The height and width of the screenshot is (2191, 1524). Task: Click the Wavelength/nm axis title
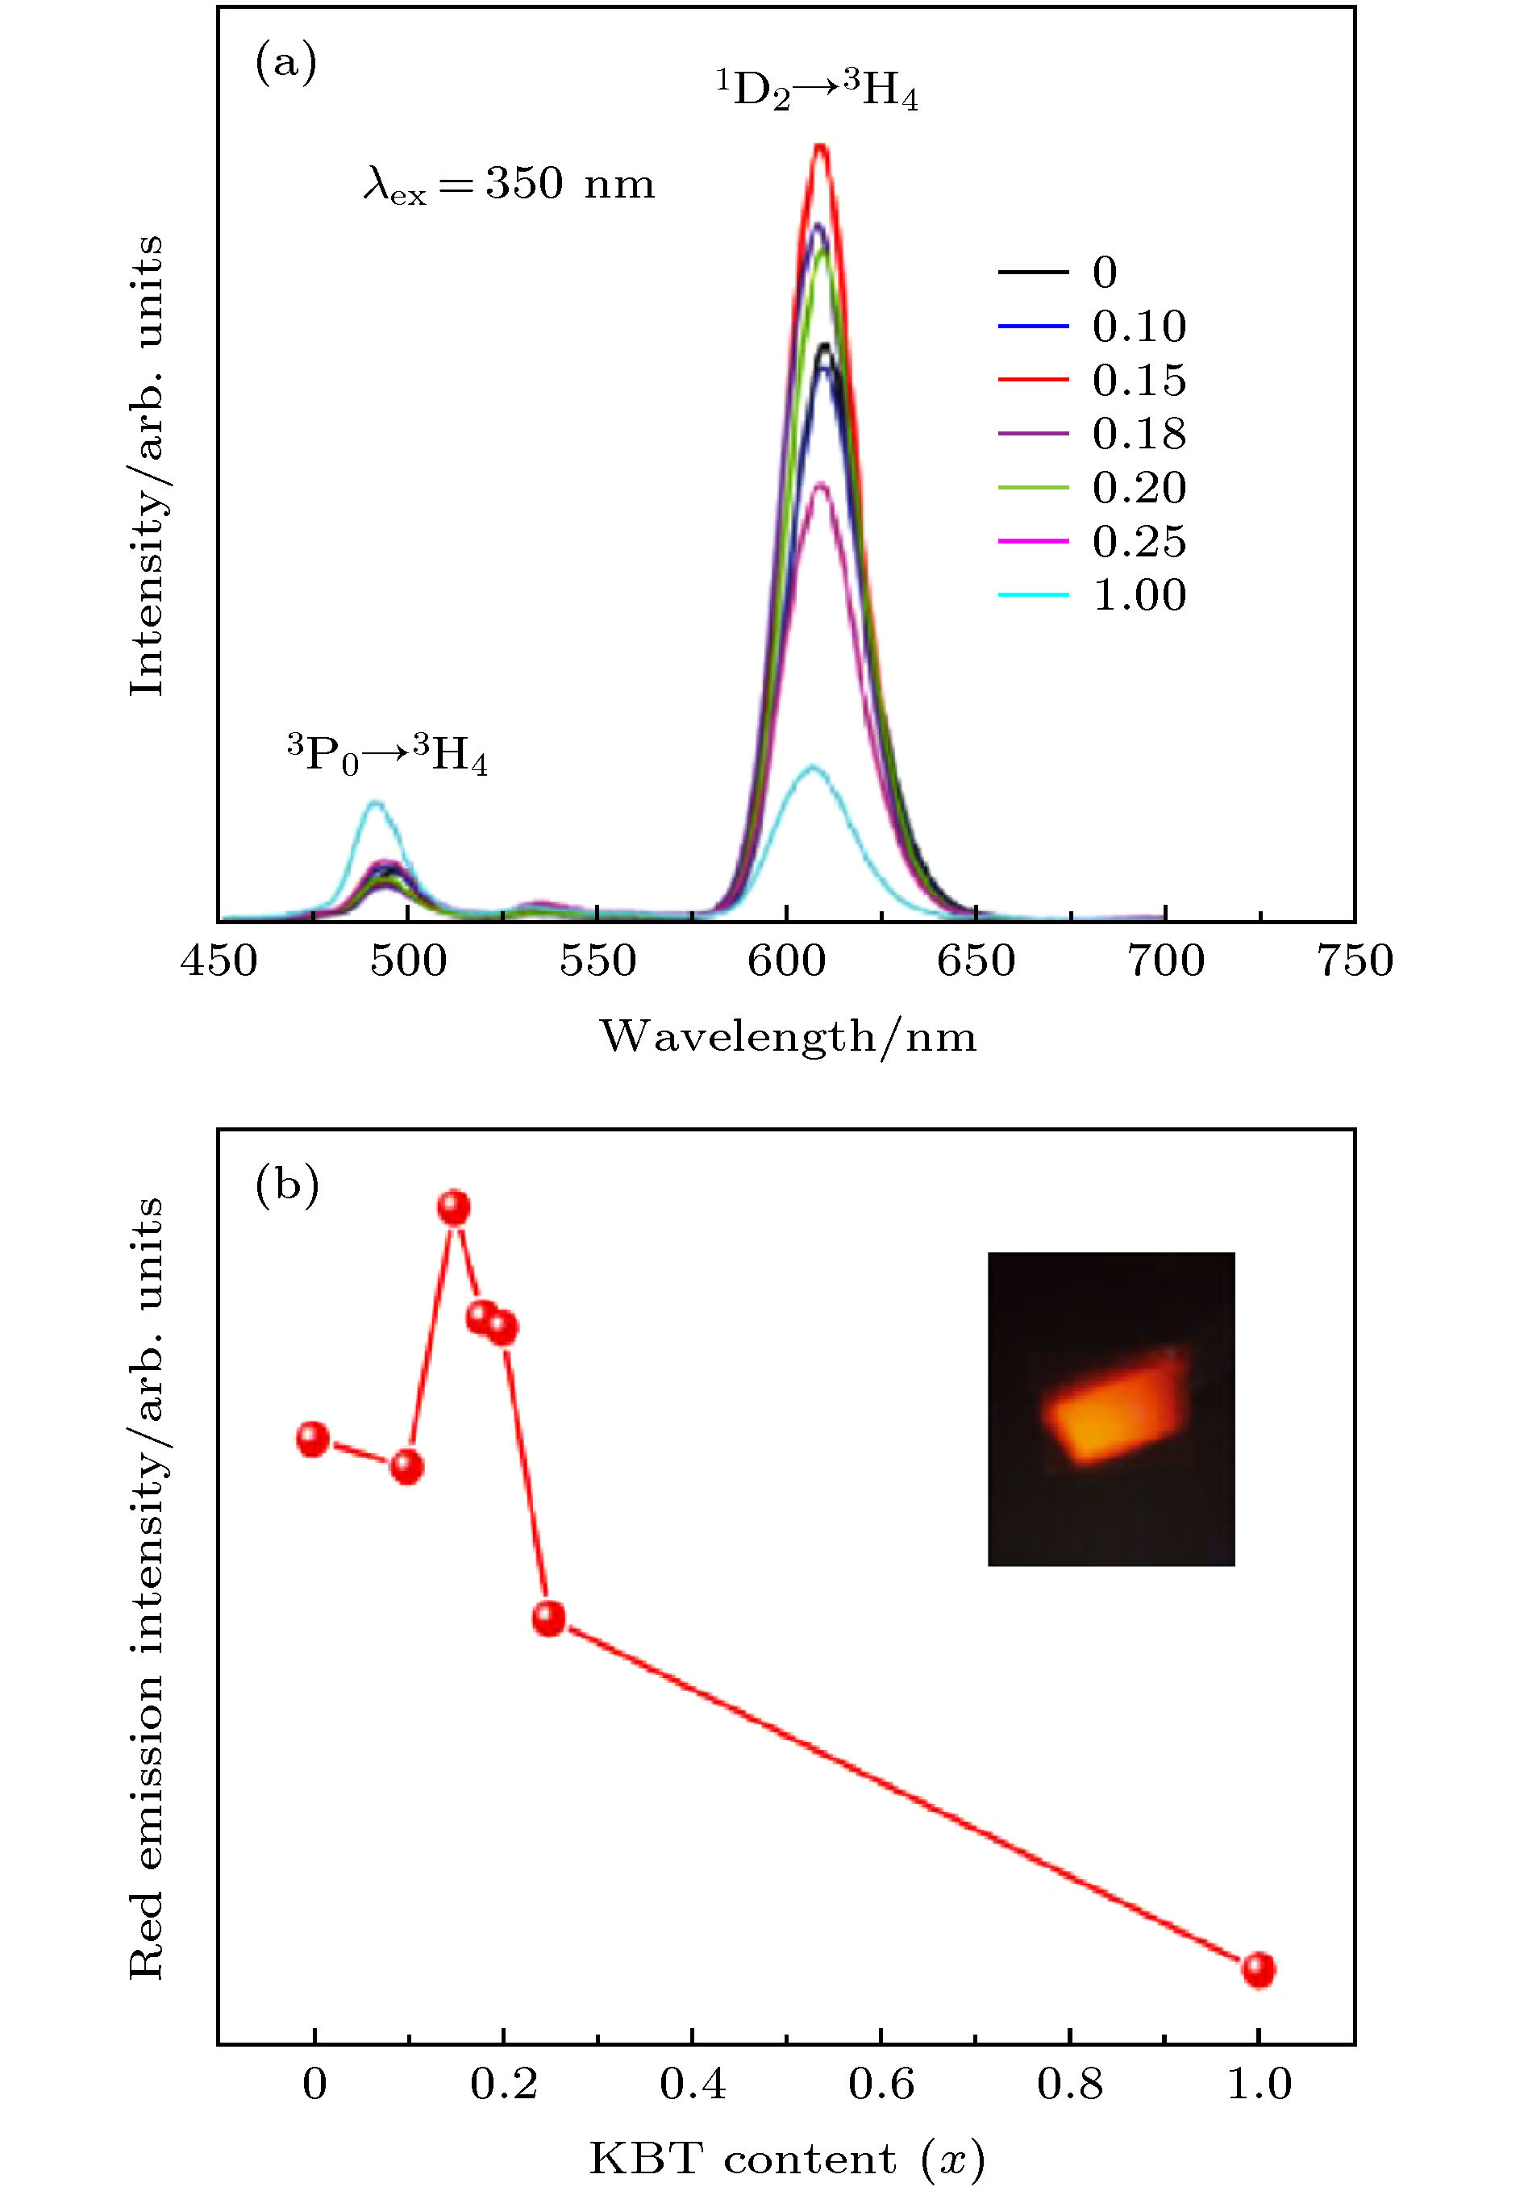[x=787, y=1036]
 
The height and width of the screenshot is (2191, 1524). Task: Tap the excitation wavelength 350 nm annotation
[x=509, y=183]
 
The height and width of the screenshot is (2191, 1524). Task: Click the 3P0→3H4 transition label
[x=387, y=755]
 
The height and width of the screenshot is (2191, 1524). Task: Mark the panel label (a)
[x=285, y=64]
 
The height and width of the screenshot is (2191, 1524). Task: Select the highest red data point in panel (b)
[x=454, y=1208]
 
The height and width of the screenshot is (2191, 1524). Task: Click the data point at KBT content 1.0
[x=1258, y=1968]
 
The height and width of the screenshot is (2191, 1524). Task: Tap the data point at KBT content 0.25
[x=548, y=1618]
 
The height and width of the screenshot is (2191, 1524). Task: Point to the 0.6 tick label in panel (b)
[x=881, y=2084]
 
